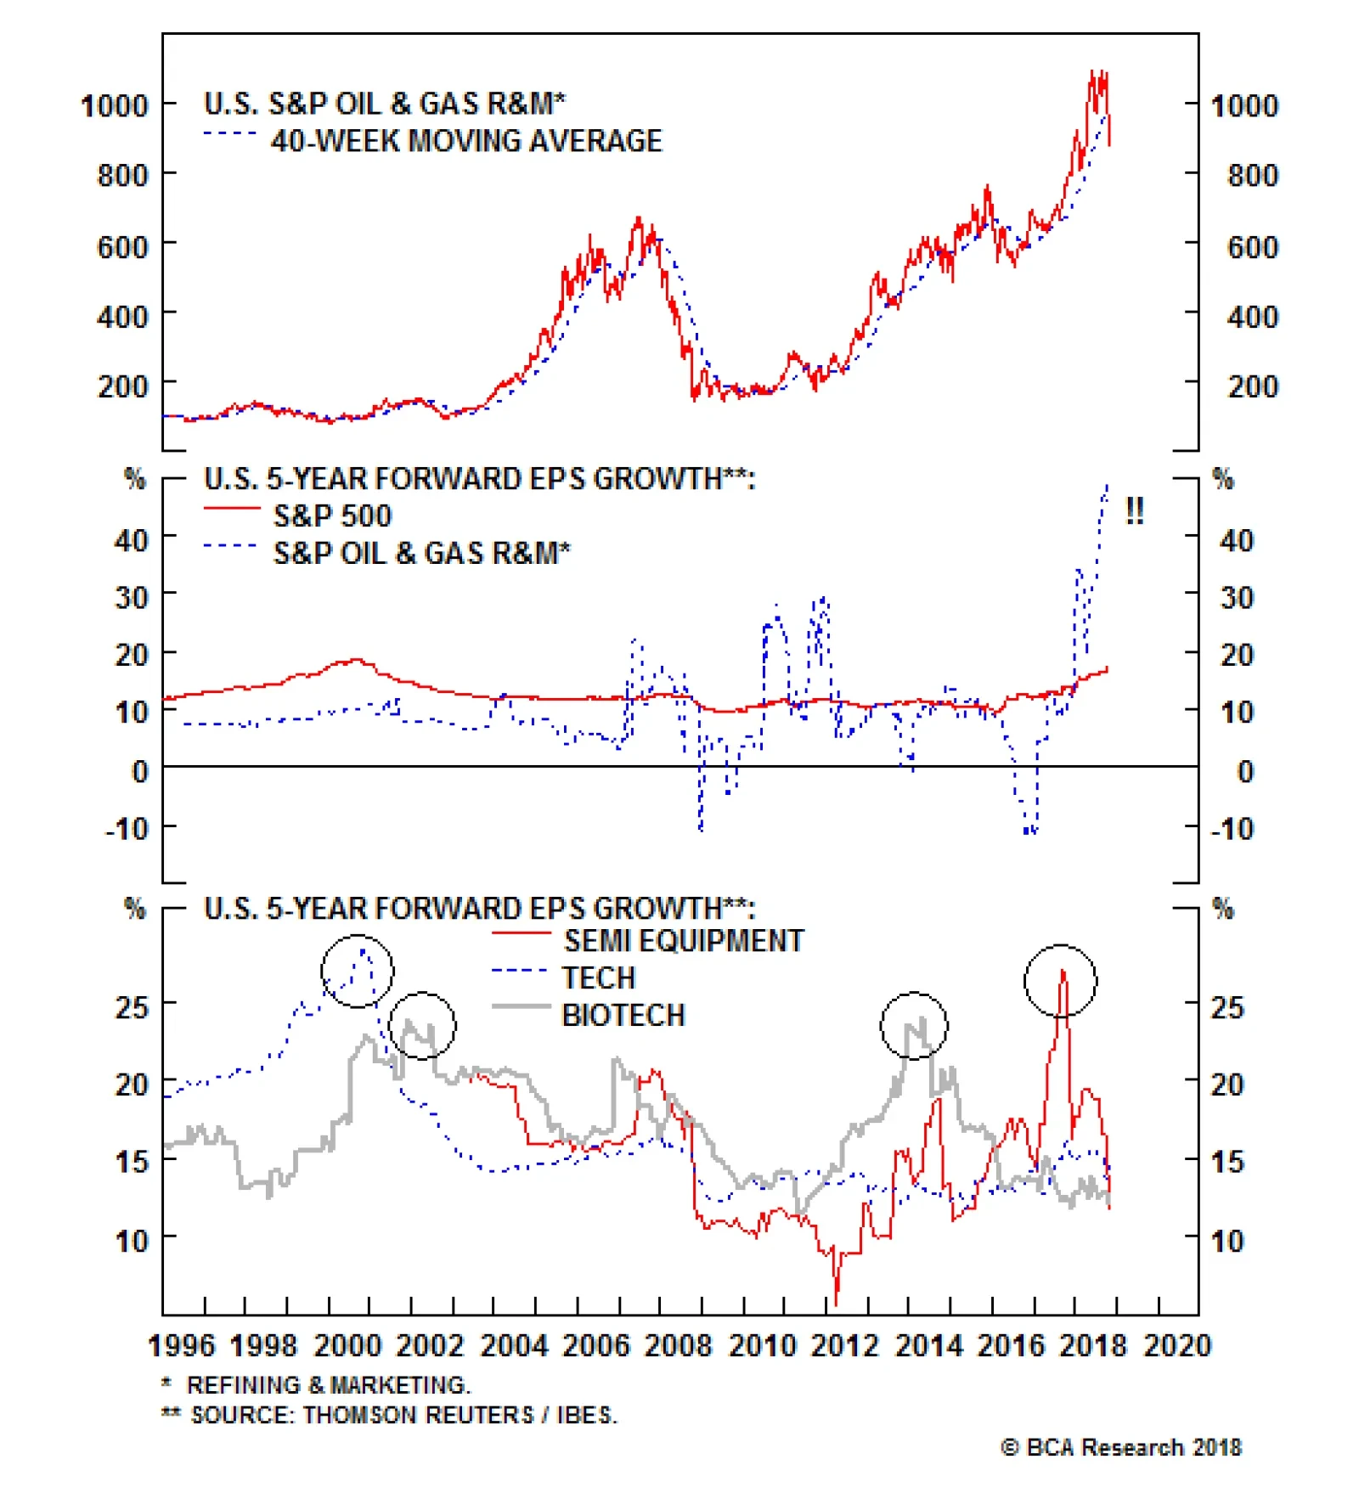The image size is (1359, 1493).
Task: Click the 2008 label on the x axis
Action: pyautogui.click(x=678, y=1346)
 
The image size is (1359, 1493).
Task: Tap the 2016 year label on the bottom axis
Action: pyautogui.click(x=1011, y=1346)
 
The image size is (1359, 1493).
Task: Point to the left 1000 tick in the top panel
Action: pyautogui.click(x=114, y=106)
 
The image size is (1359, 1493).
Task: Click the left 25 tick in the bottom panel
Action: pyautogui.click(x=132, y=1008)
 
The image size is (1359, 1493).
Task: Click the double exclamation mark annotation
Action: pyautogui.click(x=1134, y=511)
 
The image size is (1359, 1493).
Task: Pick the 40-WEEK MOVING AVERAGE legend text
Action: pyautogui.click(x=466, y=141)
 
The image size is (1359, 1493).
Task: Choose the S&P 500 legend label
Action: pyautogui.click(x=332, y=516)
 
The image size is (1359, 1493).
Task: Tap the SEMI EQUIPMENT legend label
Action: pyautogui.click(x=684, y=941)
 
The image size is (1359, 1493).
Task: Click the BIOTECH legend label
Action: pyautogui.click(x=623, y=1016)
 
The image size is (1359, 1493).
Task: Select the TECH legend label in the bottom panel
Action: pyautogui.click(x=598, y=978)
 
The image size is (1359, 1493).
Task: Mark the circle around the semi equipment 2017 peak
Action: pyautogui.click(x=1060, y=981)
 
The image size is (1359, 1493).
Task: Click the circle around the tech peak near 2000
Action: pyautogui.click(x=357, y=971)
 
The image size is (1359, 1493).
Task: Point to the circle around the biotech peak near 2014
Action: pyautogui.click(x=913, y=1025)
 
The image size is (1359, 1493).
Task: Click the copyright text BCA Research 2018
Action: pyautogui.click(x=1121, y=1448)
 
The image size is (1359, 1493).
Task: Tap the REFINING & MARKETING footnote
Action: pyautogui.click(x=328, y=1385)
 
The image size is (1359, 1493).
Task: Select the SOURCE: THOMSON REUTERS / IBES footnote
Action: pyautogui.click(x=403, y=1415)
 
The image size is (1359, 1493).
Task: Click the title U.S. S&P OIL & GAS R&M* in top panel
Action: pyautogui.click(x=384, y=104)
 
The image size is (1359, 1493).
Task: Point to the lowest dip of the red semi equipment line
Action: pyautogui.click(x=836, y=1304)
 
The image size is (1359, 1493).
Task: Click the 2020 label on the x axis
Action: pyautogui.click(x=1177, y=1346)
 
